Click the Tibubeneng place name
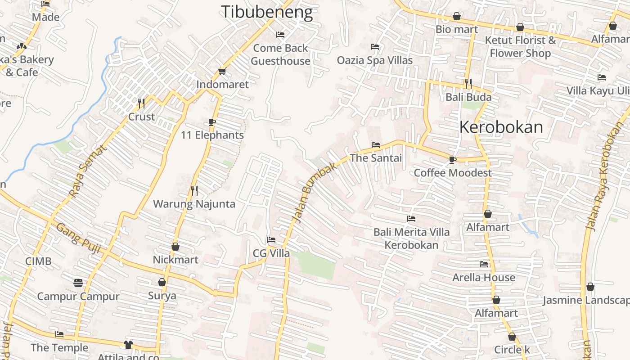tap(266, 12)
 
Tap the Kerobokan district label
tap(501, 127)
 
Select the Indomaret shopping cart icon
tap(222, 72)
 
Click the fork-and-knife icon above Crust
tap(141, 103)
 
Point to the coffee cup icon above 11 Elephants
tap(212, 122)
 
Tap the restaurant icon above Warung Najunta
tap(194, 191)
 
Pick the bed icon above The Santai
tap(376, 145)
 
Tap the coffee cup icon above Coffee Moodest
tap(453, 160)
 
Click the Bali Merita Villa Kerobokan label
tap(411, 238)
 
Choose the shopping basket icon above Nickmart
tap(175, 247)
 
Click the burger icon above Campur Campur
tap(78, 283)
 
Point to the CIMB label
tap(38, 261)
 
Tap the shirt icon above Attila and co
tap(128, 345)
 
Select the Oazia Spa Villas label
tap(374, 60)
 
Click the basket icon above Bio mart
tap(457, 17)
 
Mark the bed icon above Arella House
tap(484, 264)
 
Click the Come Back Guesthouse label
tap(280, 54)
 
